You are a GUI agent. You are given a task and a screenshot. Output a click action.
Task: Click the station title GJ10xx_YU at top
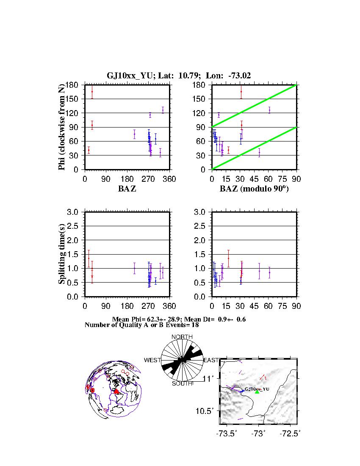tap(126, 76)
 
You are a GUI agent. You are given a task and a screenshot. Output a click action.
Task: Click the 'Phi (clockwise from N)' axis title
tap(62, 127)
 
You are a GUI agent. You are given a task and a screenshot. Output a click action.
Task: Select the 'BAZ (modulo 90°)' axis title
tap(254, 189)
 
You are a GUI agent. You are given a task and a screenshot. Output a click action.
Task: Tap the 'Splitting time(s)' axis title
tap(62, 254)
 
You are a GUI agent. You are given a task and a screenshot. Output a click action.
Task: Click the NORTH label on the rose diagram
tap(182, 337)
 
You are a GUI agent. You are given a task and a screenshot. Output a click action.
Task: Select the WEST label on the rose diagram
tap(152, 360)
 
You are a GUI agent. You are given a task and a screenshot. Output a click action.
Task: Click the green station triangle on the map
tap(257, 391)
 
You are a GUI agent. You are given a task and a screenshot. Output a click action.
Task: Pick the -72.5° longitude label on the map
tap(291, 434)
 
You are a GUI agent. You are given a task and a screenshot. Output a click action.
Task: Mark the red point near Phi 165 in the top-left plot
tap(92, 92)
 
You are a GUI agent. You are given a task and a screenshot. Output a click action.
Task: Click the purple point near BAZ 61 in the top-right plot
tap(269, 110)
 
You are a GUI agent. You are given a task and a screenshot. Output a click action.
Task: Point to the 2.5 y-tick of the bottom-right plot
tap(201, 226)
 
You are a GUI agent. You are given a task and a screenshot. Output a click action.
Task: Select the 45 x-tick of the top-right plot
tap(254, 179)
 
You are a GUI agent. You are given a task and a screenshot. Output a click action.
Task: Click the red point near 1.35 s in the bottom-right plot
tap(228, 258)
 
